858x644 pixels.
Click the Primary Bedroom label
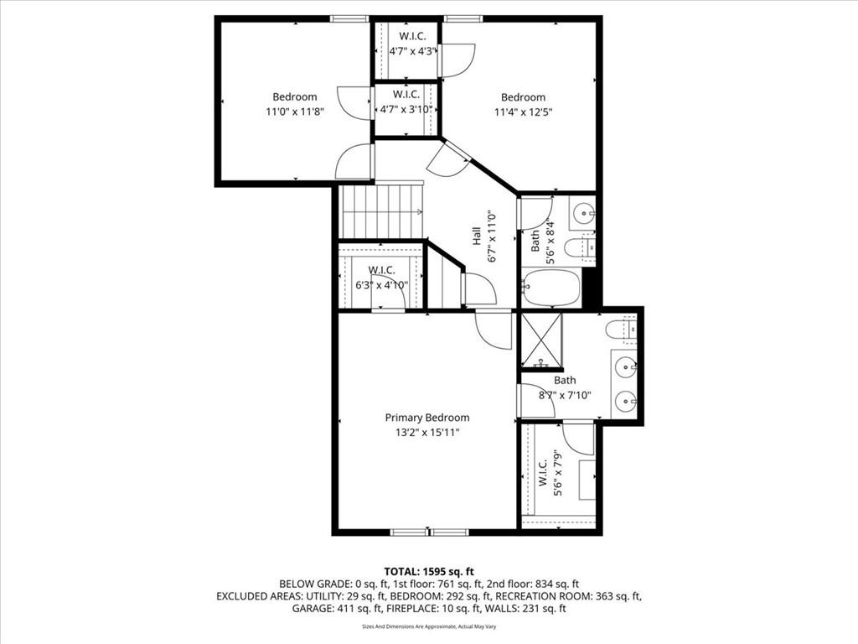(x=426, y=418)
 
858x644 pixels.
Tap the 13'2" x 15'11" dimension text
(x=427, y=433)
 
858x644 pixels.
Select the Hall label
(x=476, y=236)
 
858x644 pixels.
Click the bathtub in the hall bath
(x=551, y=287)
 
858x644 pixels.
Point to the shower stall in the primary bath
(x=540, y=340)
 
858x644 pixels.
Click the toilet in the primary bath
(x=621, y=329)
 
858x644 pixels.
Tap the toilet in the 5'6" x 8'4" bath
(x=580, y=248)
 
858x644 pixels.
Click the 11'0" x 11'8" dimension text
(x=295, y=112)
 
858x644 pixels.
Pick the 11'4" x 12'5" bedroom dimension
(x=524, y=112)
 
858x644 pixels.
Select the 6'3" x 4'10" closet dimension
(x=381, y=285)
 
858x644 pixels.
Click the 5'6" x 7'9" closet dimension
(x=558, y=473)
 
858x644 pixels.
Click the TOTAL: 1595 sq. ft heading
(x=429, y=572)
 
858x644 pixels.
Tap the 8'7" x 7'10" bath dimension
(x=566, y=395)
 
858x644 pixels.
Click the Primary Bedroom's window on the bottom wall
(x=430, y=532)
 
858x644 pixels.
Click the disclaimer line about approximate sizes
(x=429, y=626)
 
